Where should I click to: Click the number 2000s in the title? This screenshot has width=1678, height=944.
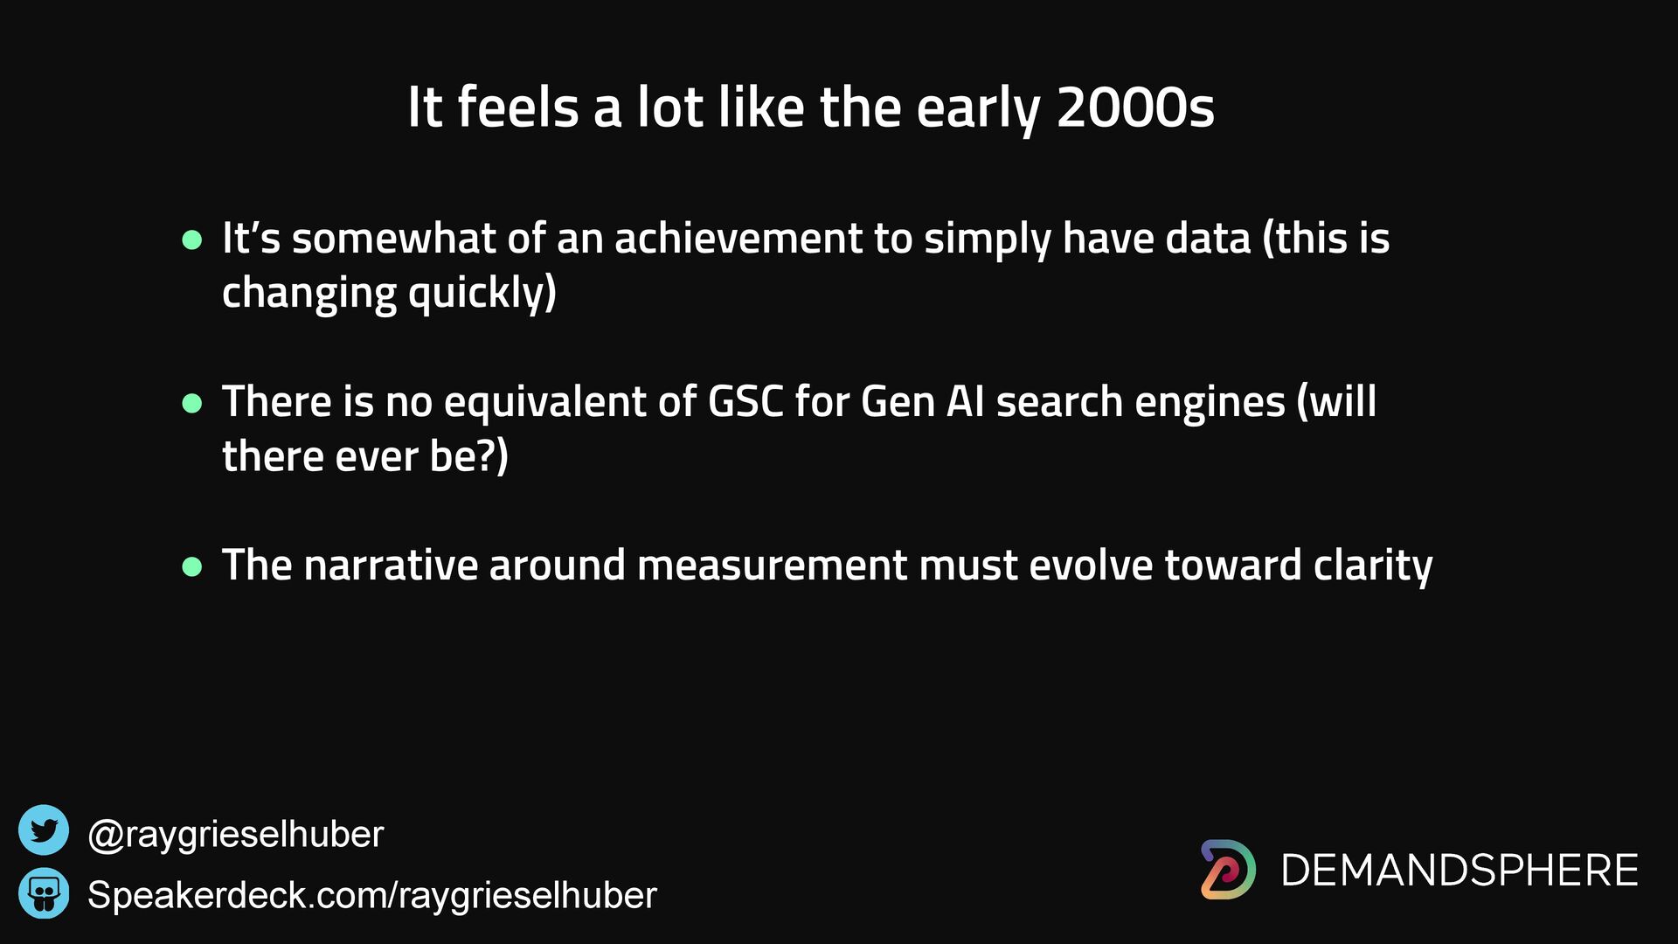click(1135, 108)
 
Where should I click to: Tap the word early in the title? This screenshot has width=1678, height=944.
click(978, 112)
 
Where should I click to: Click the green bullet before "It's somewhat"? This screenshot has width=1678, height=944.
click(192, 239)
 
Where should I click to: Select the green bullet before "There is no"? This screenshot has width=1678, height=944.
click(192, 403)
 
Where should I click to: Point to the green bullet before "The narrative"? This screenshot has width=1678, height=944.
click(192, 566)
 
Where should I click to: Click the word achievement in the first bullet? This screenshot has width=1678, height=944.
click(738, 239)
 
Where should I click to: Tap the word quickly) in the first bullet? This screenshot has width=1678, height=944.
click(482, 293)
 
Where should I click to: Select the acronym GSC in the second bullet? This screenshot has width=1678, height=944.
click(745, 403)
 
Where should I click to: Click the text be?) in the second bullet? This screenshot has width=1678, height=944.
click(469, 457)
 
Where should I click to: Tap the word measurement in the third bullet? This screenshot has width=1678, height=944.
click(772, 566)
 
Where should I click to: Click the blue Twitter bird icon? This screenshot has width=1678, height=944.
click(44, 829)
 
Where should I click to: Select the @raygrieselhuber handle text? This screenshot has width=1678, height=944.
click(236, 835)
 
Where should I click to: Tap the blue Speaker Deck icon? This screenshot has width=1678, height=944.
click(44, 893)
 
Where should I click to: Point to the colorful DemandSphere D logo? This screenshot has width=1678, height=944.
click(1227, 870)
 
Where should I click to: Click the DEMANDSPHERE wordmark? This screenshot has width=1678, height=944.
click(1460, 871)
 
